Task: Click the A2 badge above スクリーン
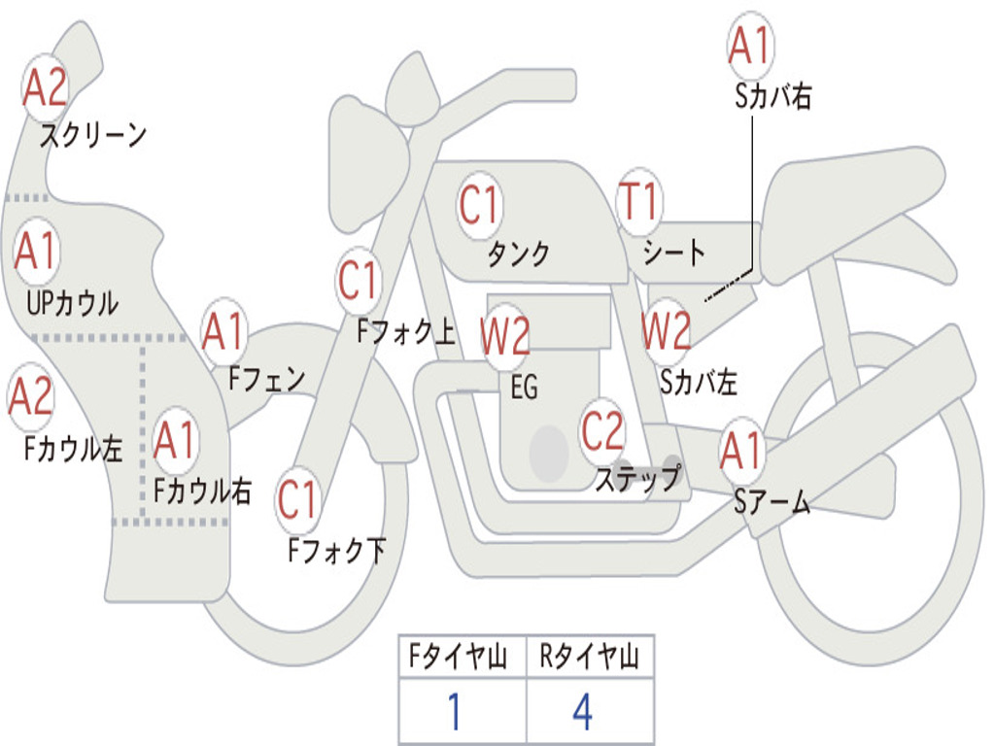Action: click(45, 87)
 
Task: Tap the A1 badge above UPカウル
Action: click(37, 252)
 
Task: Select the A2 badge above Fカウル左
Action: click(30, 396)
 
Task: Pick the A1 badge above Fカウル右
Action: click(175, 440)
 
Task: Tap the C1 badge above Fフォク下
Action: click(297, 499)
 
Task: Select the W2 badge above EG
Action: click(505, 335)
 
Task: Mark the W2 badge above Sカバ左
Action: click(667, 330)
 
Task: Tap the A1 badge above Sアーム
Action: click(741, 451)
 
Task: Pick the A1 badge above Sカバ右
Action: click(751, 46)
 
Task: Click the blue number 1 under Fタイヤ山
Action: click(455, 712)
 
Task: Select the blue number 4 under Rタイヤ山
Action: click(583, 712)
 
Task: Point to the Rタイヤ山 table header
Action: click(590, 656)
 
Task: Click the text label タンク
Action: click(519, 254)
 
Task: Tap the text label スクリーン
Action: click(93, 135)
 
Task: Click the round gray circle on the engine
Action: click(549, 454)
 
